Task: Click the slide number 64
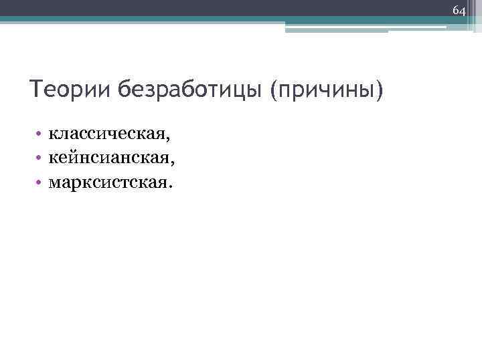click(459, 11)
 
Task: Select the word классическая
click(106, 136)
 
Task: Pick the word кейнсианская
click(110, 158)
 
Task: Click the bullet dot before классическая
click(41, 136)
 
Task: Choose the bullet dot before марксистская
click(41, 180)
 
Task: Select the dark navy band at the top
click(201, 20)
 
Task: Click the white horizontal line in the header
click(365, 27)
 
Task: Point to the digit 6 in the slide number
click(456, 11)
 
